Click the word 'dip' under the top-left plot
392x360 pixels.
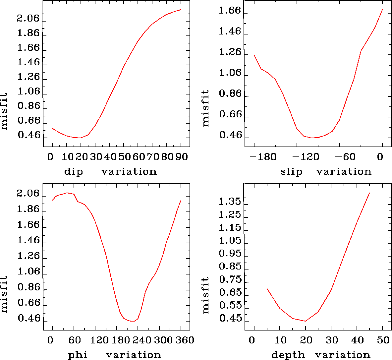pyautogui.click(x=74, y=172)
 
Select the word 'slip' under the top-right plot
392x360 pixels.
pyautogui.click(x=292, y=172)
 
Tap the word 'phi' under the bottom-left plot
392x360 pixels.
pyautogui.click(x=78, y=355)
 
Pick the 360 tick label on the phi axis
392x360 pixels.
pyautogui.click(x=184, y=340)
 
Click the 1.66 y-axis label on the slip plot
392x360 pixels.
pyautogui.click(x=229, y=11)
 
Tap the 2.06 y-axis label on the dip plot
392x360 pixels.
pyautogui.click(x=28, y=19)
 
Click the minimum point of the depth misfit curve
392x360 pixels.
pyautogui.click(x=305, y=321)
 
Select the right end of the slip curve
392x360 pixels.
pyautogui.click(x=382, y=10)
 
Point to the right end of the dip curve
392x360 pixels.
pyautogui.click(x=181, y=10)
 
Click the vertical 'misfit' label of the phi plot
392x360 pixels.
pyautogui.click(x=4, y=294)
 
